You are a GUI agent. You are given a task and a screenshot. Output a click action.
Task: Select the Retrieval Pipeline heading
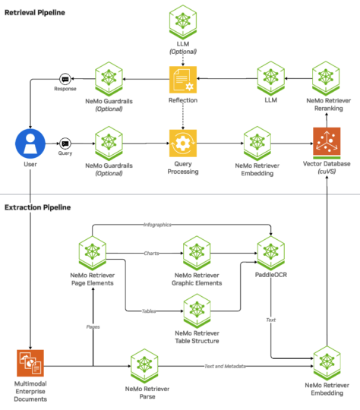tap(35, 13)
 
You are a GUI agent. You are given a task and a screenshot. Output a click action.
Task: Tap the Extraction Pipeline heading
tap(37, 207)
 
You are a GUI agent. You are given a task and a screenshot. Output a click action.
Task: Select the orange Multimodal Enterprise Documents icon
tap(28, 362)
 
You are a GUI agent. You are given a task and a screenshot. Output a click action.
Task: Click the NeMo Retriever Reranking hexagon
tap(327, 79)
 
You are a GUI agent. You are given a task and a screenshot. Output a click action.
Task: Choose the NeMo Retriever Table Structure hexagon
tap(197, 311)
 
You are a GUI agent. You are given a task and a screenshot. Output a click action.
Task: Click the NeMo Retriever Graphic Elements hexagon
tap(197, 252)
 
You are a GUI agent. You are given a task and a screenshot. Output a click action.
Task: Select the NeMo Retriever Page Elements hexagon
tap(92, 252)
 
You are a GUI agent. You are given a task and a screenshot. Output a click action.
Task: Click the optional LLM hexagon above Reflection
tap(182, 20)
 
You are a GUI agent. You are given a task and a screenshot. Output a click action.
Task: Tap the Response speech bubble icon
tap(65, 79)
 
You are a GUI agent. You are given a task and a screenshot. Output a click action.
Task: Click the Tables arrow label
tap(146, 311)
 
